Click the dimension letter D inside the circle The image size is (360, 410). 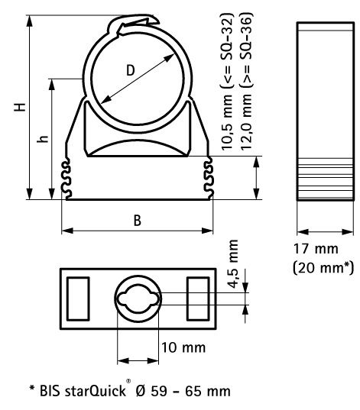click(131, 70)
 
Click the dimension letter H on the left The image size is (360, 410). click(20, 107)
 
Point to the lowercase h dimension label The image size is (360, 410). click(43, 139)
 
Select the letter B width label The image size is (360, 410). click(138, 221)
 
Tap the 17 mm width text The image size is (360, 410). click(316, 249)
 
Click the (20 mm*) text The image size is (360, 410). click(323, 268)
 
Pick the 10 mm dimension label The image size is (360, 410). click(183, 347)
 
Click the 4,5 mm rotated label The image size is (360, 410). click(232, 264)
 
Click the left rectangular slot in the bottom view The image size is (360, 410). click(78, 299)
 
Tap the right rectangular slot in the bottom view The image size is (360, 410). click(198, 299)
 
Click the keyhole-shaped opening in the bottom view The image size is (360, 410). click(138, 299)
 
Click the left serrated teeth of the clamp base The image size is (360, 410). click(66, 179)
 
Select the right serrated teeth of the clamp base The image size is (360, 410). click(209, 179)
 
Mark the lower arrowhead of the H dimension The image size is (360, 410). click(30, 194)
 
